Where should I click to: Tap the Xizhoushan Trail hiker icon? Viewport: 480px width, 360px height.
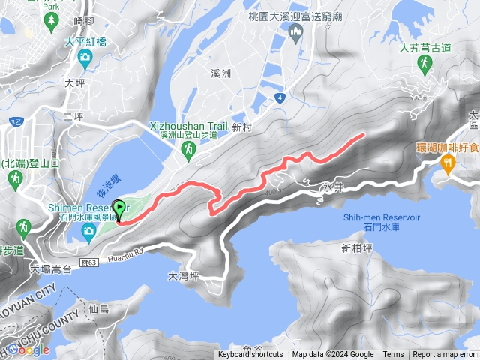188,151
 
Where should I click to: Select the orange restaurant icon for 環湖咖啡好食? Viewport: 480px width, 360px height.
448,163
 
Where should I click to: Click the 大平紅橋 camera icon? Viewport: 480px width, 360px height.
85,57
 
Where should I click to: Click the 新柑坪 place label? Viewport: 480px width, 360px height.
356,248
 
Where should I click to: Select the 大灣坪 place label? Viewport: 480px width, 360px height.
183,276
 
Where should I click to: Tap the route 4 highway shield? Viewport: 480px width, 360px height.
279,97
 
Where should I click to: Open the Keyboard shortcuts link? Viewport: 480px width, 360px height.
250,355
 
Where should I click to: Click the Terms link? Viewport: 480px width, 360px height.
393,355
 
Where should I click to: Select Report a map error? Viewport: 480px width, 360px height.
445,355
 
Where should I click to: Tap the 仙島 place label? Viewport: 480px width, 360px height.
98,308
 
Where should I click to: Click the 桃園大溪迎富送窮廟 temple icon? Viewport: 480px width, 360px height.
295,30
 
